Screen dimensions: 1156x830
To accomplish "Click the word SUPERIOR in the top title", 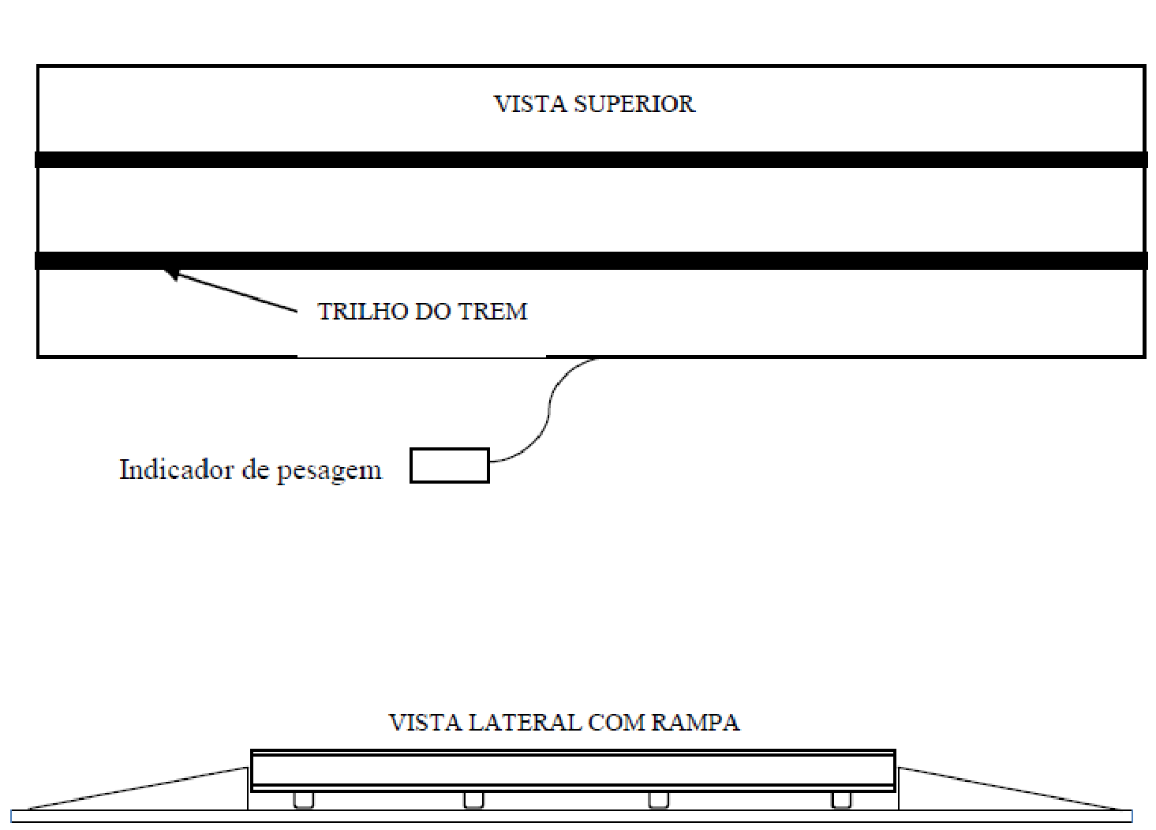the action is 634,104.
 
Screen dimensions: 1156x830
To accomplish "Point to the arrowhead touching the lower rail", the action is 171,274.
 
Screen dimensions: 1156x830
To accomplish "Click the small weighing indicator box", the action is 450,465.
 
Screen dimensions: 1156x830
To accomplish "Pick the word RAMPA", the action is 696,722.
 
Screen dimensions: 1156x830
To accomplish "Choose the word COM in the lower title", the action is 616,722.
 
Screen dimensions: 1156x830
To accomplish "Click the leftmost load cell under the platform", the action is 304,800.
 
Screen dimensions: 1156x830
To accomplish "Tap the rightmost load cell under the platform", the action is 841,800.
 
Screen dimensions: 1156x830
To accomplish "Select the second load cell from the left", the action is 473,800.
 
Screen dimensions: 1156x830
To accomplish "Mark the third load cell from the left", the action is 659,800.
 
